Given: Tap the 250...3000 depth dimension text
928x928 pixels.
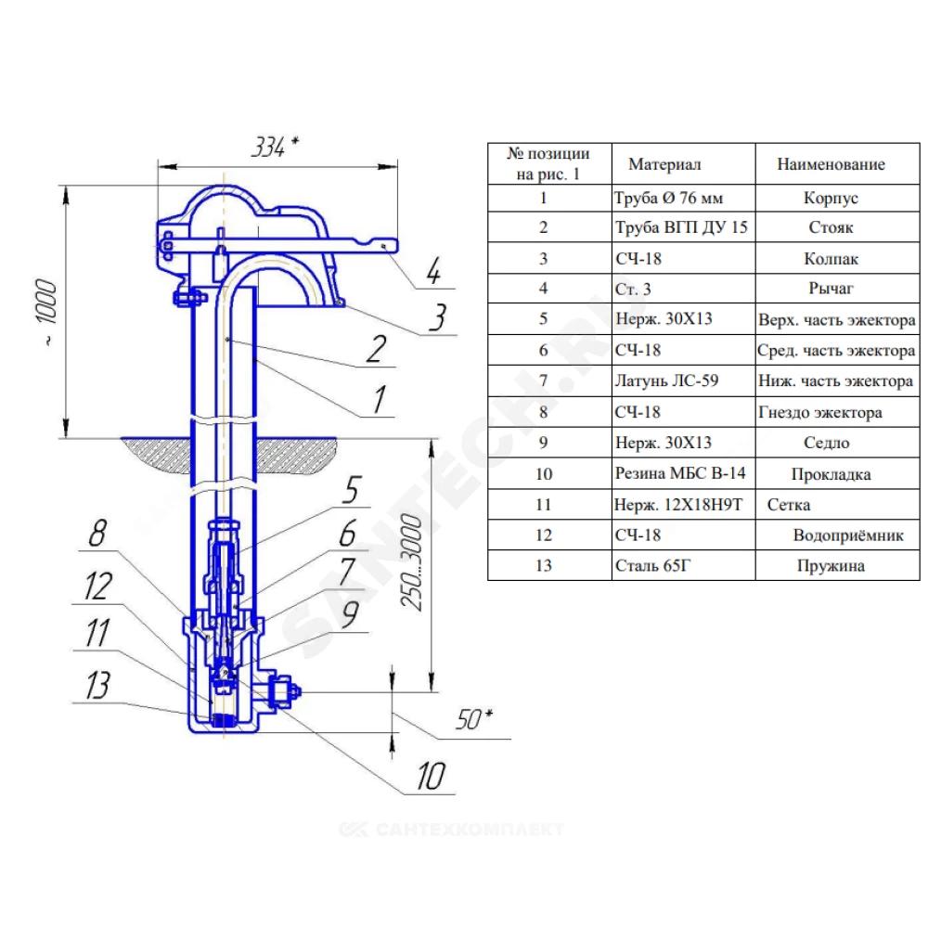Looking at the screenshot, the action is coord(412,561).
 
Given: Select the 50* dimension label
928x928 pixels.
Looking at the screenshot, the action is coord(474,719).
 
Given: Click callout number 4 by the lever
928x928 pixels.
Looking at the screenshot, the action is coord(433,272).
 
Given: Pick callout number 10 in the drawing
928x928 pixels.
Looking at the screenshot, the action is coord(431,776).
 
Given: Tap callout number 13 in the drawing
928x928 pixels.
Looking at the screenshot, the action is coord(97,686).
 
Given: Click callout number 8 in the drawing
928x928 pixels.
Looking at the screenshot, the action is coord(98,533).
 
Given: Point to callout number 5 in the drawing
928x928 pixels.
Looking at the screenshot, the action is coord(352,489).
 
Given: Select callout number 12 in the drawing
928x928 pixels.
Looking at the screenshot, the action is coord(97,586).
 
